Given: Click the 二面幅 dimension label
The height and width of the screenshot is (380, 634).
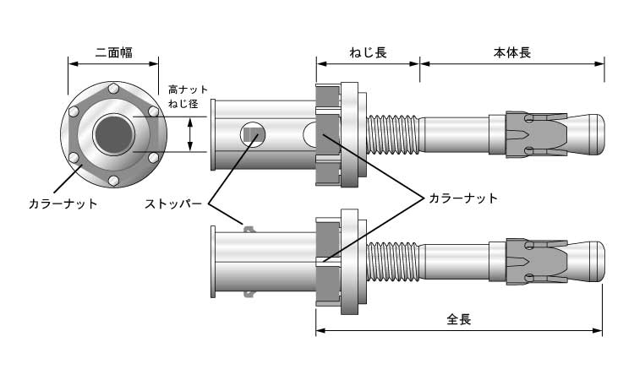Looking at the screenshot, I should pyautogui.click(x=113, y=52).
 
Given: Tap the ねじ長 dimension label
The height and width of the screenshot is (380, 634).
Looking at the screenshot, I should pyautogui.click(x=368, y=52).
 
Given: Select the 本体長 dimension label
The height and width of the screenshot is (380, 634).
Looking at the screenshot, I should pyautogui.click(x=512, y=52).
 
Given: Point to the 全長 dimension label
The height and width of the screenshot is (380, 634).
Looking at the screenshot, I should pyautogui.click(x=458, y=320).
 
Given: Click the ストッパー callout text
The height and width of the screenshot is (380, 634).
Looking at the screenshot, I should pyautogui.click(x=172, y=204).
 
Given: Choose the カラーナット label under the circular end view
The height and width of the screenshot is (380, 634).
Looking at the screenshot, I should pyautogui.click(x=63, y=204).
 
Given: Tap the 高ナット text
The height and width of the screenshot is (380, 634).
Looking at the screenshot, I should pyautogui.click(x=188, y=90).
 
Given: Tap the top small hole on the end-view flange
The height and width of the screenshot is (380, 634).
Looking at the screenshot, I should pyautogui.click(x=113, y=89).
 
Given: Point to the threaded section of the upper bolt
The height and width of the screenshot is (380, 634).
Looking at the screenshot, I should pyautogui.click(x=394, y=134).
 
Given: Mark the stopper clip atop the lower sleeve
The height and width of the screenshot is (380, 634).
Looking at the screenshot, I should pyautogui.click(x=249, y=226).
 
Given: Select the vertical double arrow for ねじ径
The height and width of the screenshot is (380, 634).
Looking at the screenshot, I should pyautogui.click(x=191, y=134).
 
